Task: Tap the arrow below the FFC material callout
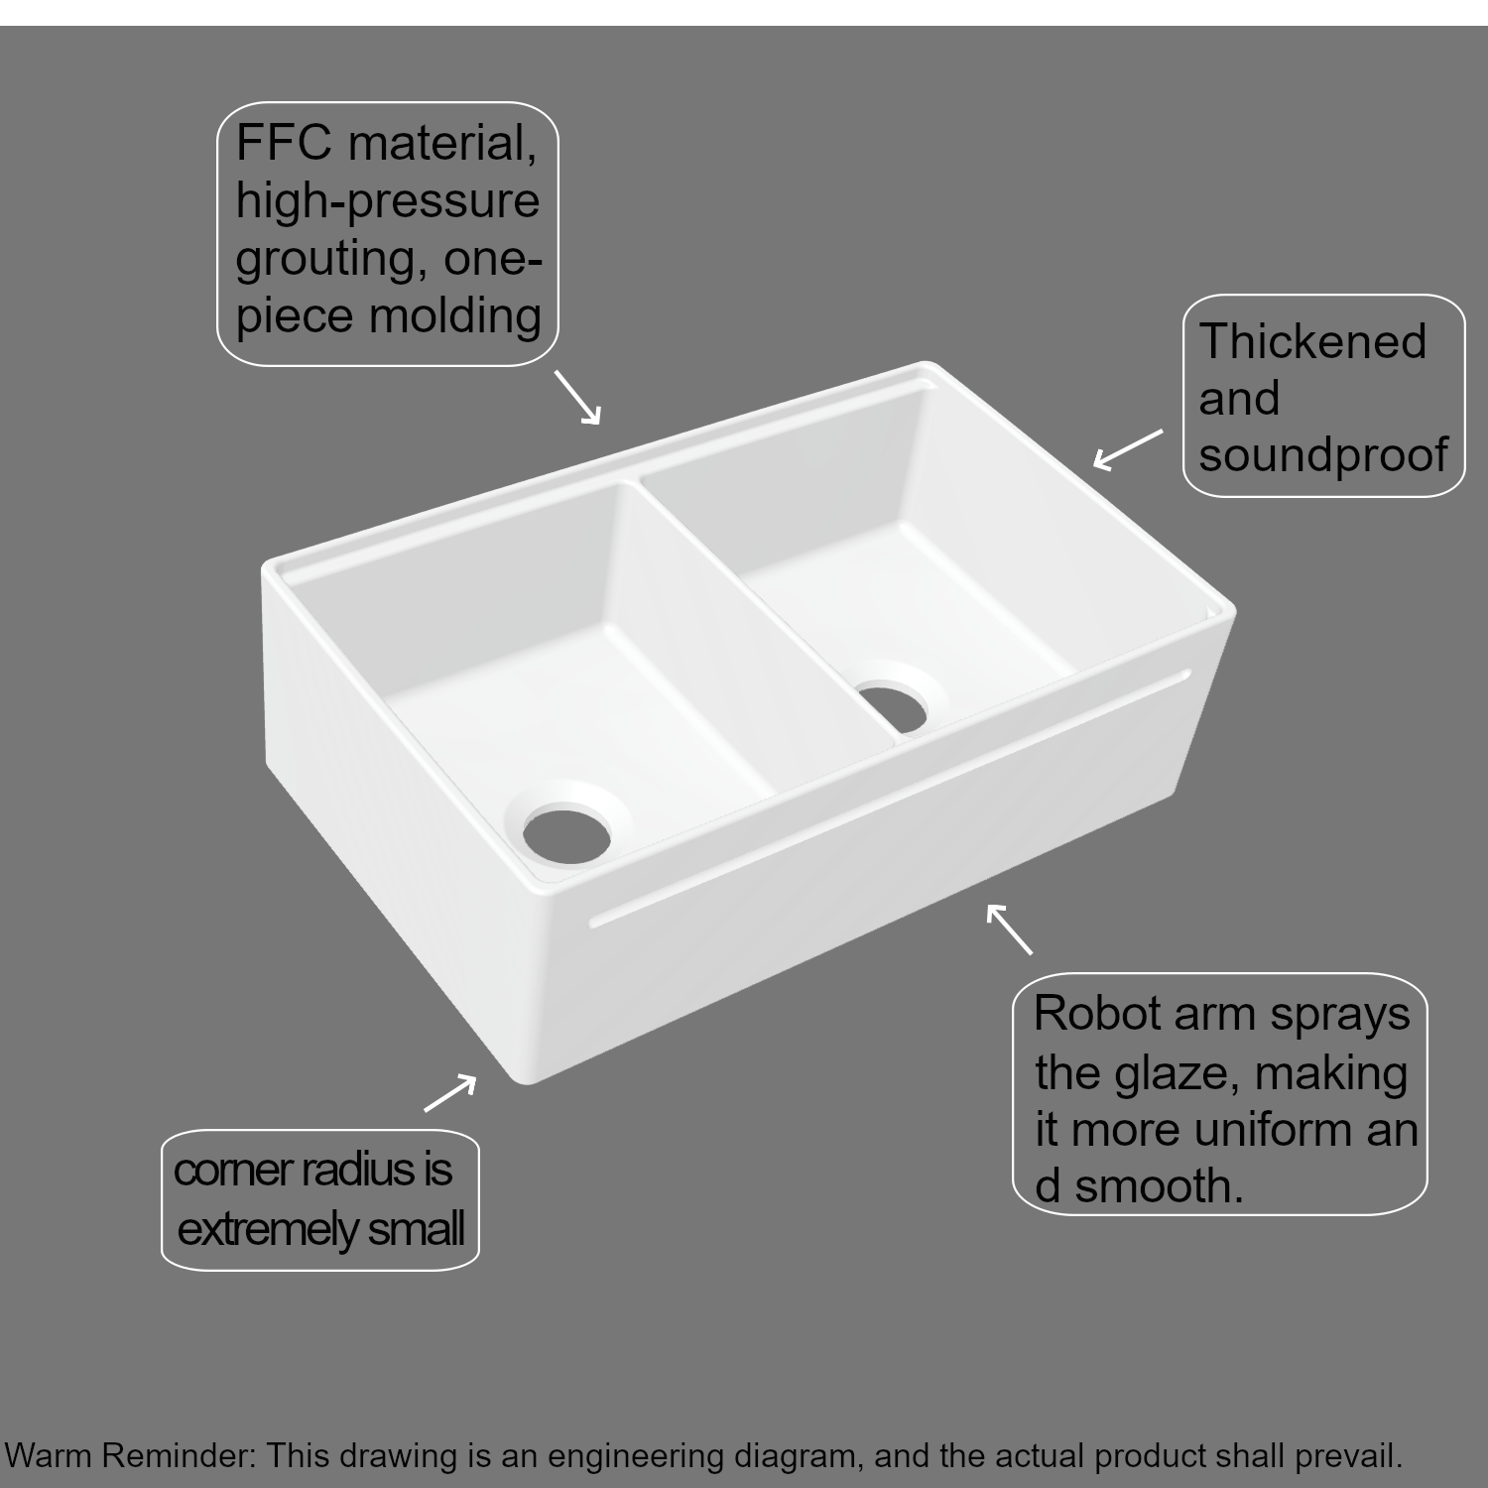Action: [577, 398]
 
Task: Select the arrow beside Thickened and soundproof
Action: [1128, 448]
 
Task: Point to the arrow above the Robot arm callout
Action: [1009, 929]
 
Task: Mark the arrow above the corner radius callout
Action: [450, 1093]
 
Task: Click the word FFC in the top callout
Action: [284, 143]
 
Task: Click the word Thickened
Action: [1312, 341]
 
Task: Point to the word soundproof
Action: [1323, 455]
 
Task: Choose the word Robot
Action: [1097, 1014]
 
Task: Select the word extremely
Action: [268, 1231]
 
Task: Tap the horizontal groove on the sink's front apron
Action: [890, 800]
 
